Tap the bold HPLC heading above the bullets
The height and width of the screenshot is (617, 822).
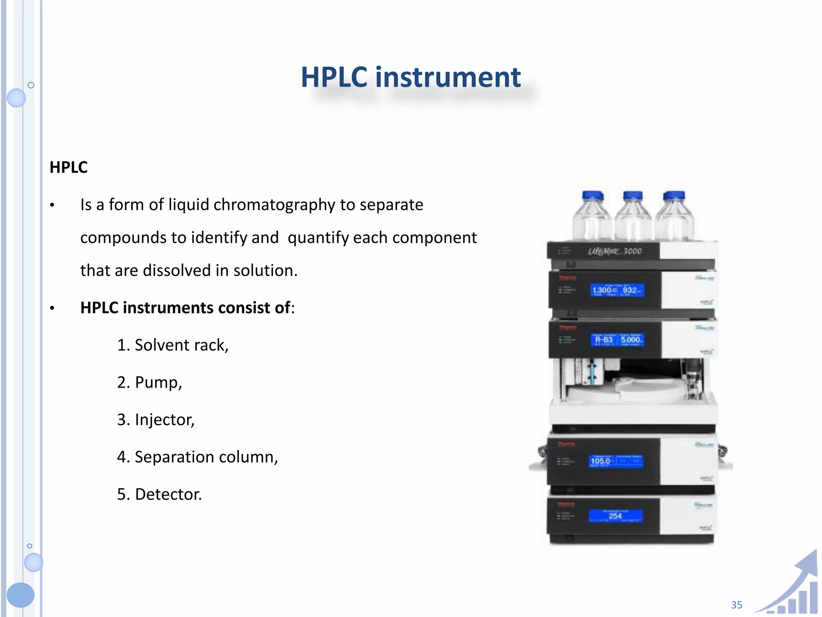click(x=69, y=167)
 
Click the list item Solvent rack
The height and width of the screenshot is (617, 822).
click(x=173, y=345)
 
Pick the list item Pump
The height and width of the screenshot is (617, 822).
click(x=150, y=382)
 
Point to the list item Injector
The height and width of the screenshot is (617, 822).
click(x=156, y=420)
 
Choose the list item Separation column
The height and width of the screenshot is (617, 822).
click(x=197, y=457)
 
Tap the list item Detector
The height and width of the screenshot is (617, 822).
click(x=159, y=494)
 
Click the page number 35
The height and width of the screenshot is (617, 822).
click(x=737, y=605)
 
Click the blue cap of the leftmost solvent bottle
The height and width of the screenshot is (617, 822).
click(x=592, y=196)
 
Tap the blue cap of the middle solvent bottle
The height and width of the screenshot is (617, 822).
click(x=633, y=196)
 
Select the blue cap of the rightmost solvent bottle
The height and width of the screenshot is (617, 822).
click(x=674, y=196)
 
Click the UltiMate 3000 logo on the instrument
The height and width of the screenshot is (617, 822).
click(x=615, y=251)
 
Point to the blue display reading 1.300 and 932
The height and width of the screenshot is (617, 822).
click(x=617, y=290)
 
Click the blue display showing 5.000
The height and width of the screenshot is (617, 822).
click(x=617, y=340)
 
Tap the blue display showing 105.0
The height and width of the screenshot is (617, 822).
click(x=616, y=461)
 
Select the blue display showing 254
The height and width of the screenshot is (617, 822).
click(x=615, y=516)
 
